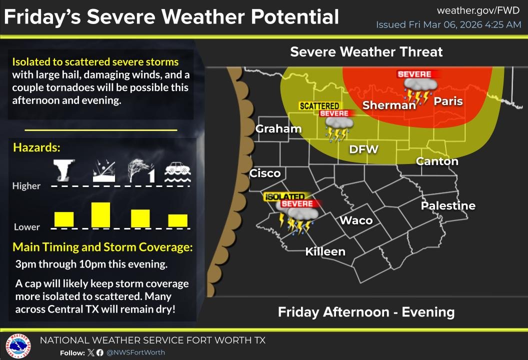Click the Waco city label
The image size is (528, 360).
point(356,220)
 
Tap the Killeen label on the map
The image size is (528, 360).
point(325,251)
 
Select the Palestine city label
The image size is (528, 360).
point(448,206)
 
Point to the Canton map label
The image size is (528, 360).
point(437,161)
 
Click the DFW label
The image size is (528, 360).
point(363,149)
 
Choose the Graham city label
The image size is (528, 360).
point(278,129)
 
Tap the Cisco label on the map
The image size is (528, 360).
point(265,173)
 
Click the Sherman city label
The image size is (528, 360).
point(389,105)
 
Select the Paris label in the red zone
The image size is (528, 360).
point(448,101)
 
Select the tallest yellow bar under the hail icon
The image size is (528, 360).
point(100,214)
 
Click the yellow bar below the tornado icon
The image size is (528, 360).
point(64,219)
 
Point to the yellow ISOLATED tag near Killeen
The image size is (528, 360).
point(284,197)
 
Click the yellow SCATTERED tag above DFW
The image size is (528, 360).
point(319,106)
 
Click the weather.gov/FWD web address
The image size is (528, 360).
point(471,10)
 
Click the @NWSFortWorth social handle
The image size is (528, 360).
point(135,352)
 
